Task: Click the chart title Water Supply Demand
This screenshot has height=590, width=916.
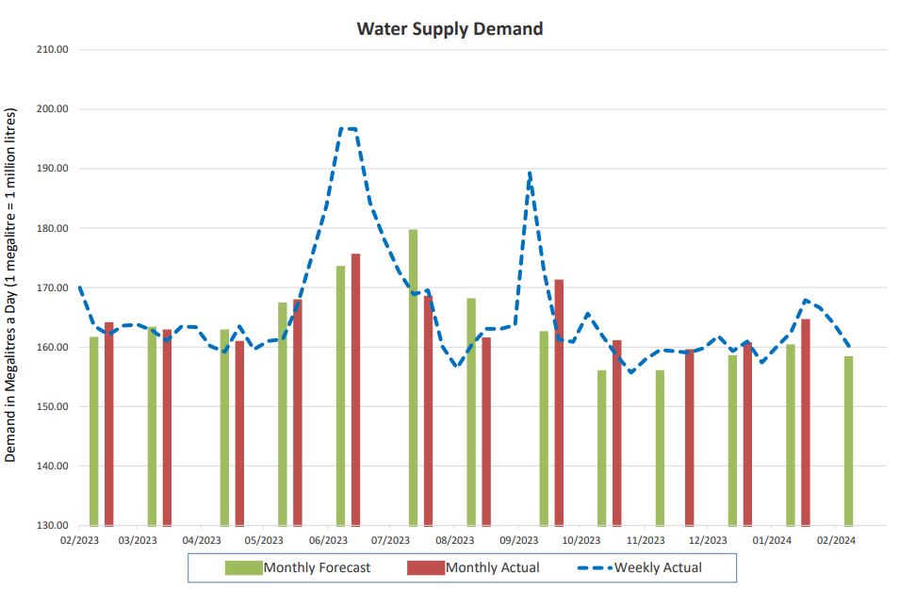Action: point(450,28)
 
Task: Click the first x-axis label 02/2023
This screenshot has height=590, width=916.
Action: point(79,541)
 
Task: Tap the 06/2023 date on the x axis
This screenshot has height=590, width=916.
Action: point(328,541)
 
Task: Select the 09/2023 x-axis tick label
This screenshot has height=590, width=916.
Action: point(518,541)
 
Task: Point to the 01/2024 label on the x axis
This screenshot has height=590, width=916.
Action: point(772,541)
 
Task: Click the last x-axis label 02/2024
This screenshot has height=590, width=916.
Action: point(835,541)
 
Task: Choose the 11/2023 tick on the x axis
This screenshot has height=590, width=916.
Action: point(646,541)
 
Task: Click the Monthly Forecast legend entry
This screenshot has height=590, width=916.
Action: point(298,567)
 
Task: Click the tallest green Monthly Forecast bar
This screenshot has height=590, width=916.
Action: point(413,377)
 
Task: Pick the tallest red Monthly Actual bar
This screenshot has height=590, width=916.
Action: point(355,389)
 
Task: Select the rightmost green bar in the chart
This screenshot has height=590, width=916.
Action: point(848,440)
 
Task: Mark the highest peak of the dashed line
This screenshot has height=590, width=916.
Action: point(348,128)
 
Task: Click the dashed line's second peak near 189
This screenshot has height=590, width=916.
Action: point(530,173)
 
